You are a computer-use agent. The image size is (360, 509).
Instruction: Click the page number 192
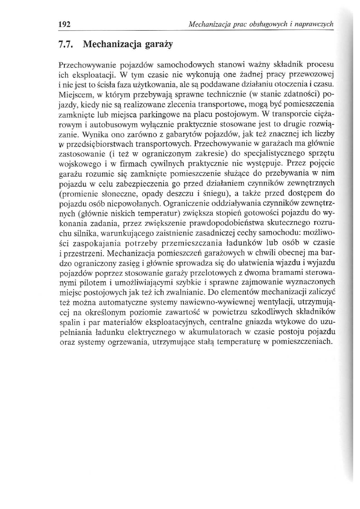click(65, 24)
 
